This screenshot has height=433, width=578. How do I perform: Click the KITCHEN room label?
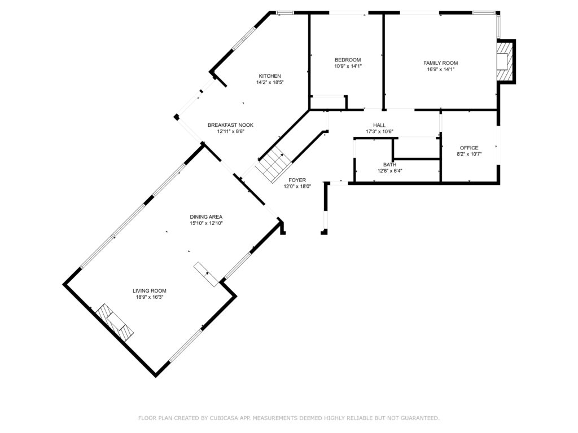pos(270,76)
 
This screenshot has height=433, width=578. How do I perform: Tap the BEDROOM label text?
pos(348,60)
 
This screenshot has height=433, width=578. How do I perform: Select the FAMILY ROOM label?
pos(440,63)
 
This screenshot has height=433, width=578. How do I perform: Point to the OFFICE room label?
pos(469,148)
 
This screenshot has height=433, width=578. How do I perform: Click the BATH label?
pos(389,165)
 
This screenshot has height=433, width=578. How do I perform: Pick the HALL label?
pos(379,125)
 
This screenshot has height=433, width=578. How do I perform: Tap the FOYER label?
pos(297,180)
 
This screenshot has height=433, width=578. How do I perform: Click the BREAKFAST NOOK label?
pos(230,125)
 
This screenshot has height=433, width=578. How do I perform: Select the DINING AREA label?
pos(206,217)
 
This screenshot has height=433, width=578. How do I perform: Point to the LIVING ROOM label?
pos(149,290)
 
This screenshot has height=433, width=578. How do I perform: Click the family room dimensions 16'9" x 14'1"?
pos(440,69)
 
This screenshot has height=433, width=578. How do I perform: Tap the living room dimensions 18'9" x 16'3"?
pos(149,297)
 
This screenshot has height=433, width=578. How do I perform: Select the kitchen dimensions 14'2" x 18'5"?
pos(270,82)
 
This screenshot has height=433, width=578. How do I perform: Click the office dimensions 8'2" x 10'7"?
pos(469,154)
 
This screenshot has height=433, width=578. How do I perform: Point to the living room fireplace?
pos(115,322)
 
